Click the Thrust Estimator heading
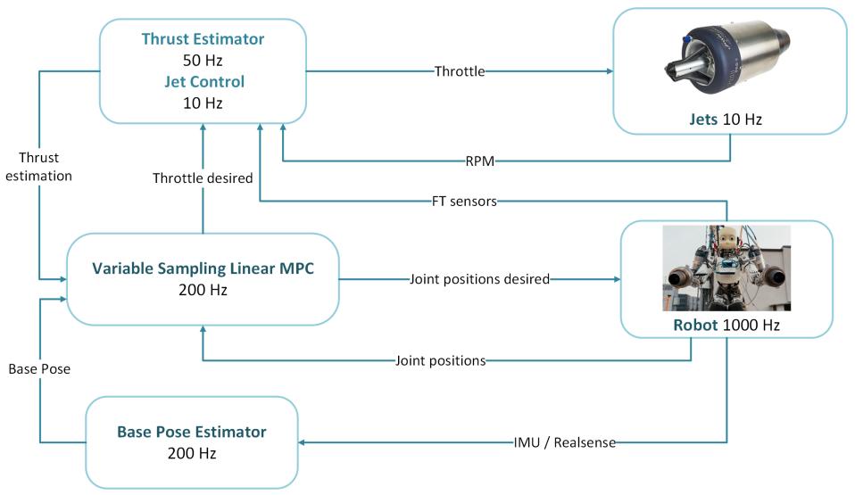click(203, 38)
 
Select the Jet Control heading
click(204, 82)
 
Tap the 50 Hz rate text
click(203, 60)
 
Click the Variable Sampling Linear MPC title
click(203, 268)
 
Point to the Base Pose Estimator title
click(191, 432)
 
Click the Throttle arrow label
click(459, 71)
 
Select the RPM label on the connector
click(480, 161)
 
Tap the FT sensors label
click(464, 202)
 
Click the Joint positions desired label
click(479, 279)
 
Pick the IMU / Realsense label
click(564, 442)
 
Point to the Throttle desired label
click(203, 178)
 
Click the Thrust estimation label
click(38, 167)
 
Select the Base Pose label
click(39, 369)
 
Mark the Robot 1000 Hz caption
click(726, 325)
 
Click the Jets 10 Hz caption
click(726, 120)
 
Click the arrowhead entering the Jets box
click(610, 70)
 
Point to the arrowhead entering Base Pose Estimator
click(302, 442)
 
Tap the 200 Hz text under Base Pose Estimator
click(191, 453)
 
